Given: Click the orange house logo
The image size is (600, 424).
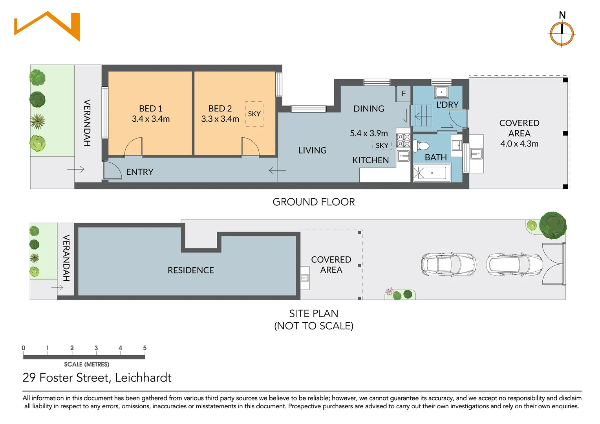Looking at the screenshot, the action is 47,26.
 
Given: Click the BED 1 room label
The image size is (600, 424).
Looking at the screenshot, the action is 150,108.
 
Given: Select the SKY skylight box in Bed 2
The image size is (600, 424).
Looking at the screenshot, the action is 254,114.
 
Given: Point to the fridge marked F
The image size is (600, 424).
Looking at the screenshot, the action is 403,93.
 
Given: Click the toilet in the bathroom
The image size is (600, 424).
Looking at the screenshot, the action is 421,146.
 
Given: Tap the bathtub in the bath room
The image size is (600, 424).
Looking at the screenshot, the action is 432,173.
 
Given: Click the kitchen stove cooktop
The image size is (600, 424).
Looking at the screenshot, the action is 403,141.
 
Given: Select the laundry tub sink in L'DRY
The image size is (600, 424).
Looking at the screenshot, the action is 441,92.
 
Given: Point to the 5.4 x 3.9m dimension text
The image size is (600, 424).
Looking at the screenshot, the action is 369,133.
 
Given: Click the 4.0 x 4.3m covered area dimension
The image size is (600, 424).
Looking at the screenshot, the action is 519,144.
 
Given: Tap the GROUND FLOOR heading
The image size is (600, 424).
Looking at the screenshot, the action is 314,202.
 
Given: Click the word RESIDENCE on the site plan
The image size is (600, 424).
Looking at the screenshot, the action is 191,270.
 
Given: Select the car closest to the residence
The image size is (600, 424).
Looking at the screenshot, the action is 449,264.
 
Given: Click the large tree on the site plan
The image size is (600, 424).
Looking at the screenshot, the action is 553,225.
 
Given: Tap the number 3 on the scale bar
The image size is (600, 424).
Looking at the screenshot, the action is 96,348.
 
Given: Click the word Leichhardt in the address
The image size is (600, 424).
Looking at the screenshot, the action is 143,378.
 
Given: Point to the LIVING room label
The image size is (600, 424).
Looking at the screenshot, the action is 312,150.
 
